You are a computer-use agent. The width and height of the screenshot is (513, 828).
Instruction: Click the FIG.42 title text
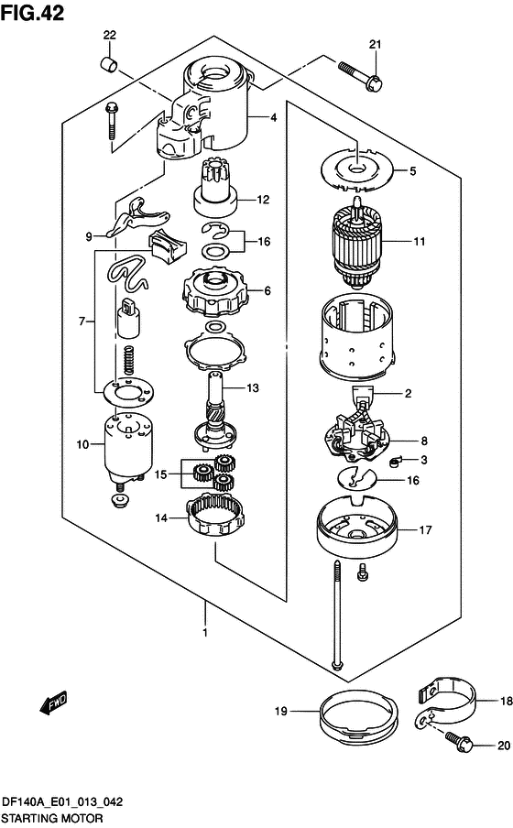pyautogui.click(x=32, y=12)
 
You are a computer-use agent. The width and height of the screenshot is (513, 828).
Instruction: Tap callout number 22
pyautogui.click(x=109, y=36)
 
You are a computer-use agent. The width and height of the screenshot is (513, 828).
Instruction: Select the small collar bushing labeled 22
pyautogui.click(x=109, y=64)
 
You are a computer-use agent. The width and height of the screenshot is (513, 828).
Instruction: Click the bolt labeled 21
pyautogui.click(x=360, y=75)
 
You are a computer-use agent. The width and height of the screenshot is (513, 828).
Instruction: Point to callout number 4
pyautogui.click(x=273, y=118)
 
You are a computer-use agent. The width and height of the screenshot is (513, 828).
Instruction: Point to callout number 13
pyautogui.click(x=253, y=388)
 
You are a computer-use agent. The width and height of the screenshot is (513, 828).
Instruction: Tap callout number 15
pyautogui.click(x=160, y=474)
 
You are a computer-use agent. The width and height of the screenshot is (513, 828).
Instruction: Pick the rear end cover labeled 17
pyautogui.click(x=356, y=528)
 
